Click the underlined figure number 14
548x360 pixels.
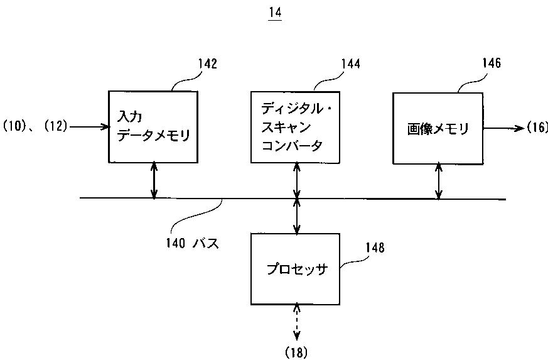pos(275,13)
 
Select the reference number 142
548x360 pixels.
pos(208,63)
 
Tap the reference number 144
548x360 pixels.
pos(350,63)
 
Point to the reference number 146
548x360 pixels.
pos(492,63)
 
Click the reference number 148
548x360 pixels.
pos(375,248)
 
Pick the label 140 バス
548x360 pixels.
pos(193,243)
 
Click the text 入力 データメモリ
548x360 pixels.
pos(153,126)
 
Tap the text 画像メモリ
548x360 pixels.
pos(438,129)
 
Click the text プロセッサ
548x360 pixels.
pos(297,270)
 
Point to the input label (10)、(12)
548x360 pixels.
pos(35,126)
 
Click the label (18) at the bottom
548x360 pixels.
pos(296,352)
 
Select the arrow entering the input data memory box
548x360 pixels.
pos(90,126)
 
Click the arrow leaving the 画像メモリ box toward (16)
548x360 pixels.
pos(504,128)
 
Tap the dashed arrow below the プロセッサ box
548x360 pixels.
pos(296,322)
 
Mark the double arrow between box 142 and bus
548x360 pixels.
pos(154,180)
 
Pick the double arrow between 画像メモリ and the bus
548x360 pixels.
pos(439,181)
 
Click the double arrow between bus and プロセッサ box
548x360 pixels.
pos(296,216)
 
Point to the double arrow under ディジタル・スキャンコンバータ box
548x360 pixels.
pos(296,180)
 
